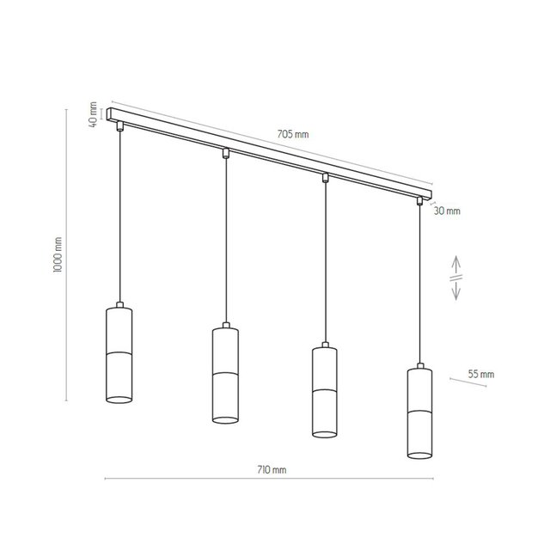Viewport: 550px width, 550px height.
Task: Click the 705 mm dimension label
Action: click(x=293, y=135)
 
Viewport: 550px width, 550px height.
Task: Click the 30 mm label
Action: click(x=447, y=211)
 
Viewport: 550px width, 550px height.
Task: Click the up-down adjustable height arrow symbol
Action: click(x=455, y=278)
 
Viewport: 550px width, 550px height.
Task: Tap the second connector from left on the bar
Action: click(x=225, y=154)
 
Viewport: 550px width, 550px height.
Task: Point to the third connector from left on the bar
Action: click(x=325, y=178)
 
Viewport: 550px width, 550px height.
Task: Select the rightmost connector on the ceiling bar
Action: click(x=420, y=201)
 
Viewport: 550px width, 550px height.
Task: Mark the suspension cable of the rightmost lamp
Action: click(x=420, y=284)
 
